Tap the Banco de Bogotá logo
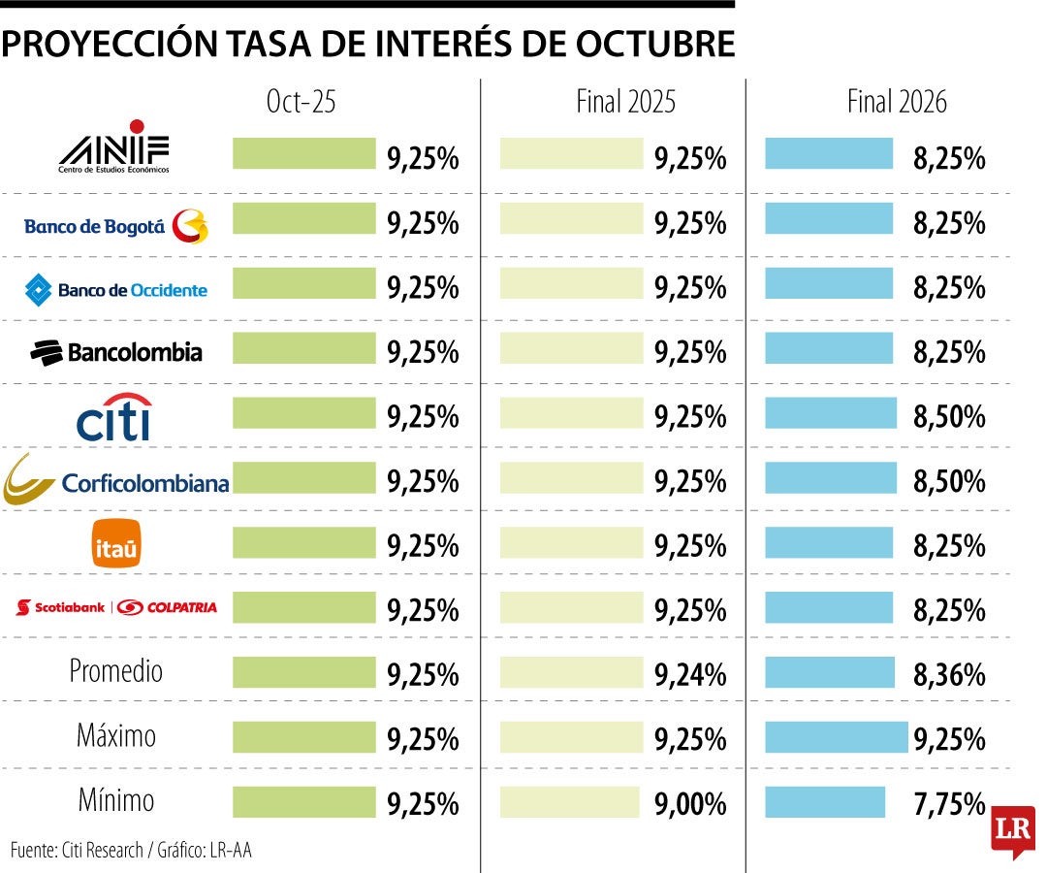115,226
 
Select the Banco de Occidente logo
115,289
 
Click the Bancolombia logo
115,352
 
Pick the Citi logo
114,416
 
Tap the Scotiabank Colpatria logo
116,608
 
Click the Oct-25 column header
301,102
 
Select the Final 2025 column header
626,102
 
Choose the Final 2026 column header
897,102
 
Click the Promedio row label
115,671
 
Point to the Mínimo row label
115,800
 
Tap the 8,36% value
949,675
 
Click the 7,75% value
949,804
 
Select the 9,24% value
690,675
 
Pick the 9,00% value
690,804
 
